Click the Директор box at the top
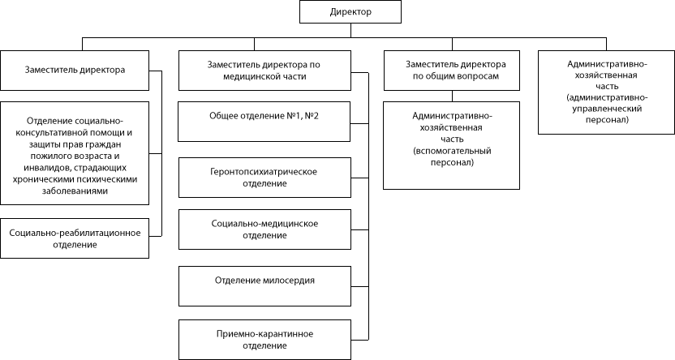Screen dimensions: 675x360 [x=350, y=11]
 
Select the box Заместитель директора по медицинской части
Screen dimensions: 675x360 [x=264, y=71]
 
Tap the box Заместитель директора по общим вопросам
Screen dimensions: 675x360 [x=452, y=71]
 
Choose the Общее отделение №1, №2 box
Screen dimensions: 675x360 [x=264, y=122]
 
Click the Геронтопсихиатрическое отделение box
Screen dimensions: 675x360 [x=264, y=178]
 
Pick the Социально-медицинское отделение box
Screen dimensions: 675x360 [x=264, y=229]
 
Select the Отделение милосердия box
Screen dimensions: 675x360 [x=264, y=286]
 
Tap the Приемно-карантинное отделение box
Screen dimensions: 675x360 [x=264, y=340]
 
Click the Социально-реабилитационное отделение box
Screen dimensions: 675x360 [x=75, y=238]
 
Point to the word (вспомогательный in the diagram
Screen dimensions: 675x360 [x=452, y=151]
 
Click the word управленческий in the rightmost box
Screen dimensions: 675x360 [x=607, y=109]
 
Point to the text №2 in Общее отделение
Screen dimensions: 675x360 [x=312, y=116]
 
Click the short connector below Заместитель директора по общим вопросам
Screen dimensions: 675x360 [x=452, y=96]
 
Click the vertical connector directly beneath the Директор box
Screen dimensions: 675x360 [x=350, y=31]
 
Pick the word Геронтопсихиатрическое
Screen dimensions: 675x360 [x=264, y=172]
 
